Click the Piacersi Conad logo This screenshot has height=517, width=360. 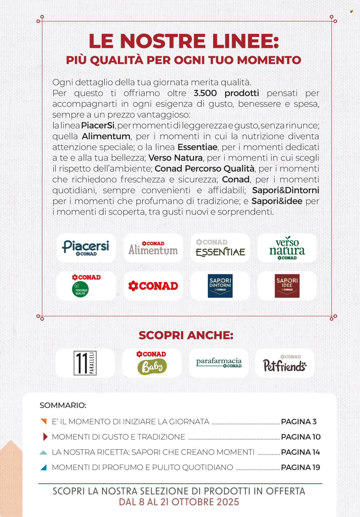point(86,248)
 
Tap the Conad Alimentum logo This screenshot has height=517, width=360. point(153,248)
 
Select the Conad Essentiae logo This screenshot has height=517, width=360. point(220,248)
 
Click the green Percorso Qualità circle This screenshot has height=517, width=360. point(80,290)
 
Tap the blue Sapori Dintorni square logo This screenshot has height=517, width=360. point(220,286)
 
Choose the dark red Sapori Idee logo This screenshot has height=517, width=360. point(287,286)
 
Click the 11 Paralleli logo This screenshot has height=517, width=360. point(85,363)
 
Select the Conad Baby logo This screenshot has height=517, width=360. point(152,363)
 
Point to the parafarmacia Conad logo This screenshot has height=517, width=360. point(219,363)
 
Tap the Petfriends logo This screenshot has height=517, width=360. point(285,364)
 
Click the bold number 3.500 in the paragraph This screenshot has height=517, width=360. point(205,93)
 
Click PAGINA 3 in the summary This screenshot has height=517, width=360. point(299,422)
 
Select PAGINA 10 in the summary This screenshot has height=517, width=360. point(301,437)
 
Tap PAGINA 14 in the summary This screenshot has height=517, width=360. point(300,452)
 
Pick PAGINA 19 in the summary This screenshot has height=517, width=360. point(300,467)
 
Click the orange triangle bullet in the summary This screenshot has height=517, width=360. point(44,421)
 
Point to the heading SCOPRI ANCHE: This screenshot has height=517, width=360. point(186,335)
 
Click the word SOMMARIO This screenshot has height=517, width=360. point(63,405)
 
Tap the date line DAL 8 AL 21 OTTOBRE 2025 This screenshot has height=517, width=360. point(179,502)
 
